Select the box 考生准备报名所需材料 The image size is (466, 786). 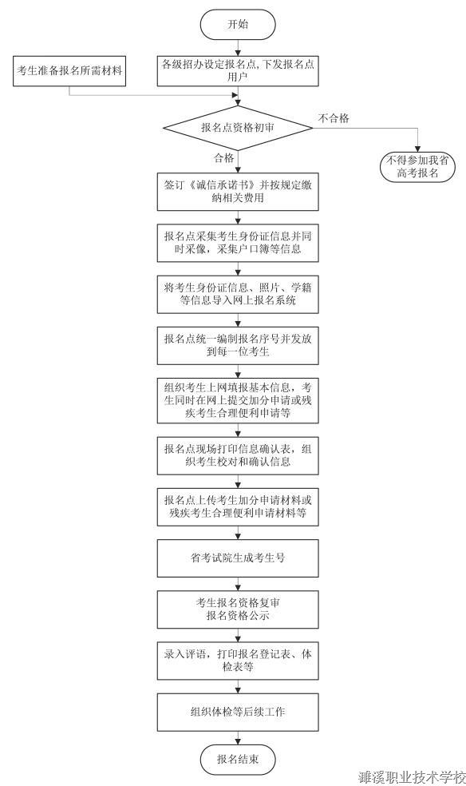pos(69,71)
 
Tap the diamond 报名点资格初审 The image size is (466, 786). pos(238,128)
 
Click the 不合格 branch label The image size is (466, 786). pos(334,118)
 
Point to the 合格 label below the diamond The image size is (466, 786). pos(223,158)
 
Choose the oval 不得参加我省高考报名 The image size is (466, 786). pos(417,167)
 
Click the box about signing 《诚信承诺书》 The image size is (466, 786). pos(238,192)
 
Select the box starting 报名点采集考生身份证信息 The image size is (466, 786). pos(238,243)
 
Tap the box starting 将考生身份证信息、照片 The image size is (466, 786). pos(238,294)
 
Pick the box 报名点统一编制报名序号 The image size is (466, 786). pos(238,345)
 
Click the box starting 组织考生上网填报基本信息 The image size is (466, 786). pos(238,400)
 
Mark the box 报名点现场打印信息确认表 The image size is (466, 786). pos(238,455)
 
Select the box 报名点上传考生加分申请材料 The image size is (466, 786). pos(238,506)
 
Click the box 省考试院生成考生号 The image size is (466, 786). pos(238,558)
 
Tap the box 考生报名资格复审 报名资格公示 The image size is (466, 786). pos(238,609)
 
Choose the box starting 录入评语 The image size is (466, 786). pos(238,661)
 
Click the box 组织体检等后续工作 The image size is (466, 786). pos(238,713)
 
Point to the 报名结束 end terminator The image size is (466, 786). pos(238,760)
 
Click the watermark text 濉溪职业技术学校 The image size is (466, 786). pos(412,777)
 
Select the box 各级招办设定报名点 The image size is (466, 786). pos(238,70)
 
